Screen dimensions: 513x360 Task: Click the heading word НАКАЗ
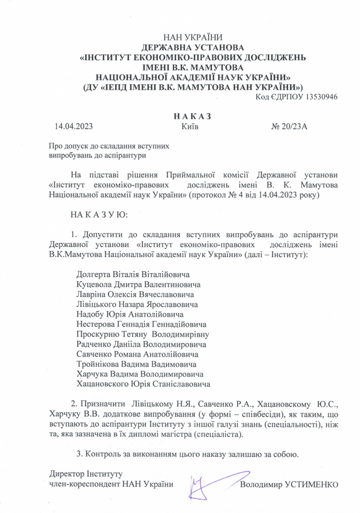(x=192, y=116)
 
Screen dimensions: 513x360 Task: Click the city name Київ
(x=190, y=126)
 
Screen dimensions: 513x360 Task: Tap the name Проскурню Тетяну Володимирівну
(x=143, y=334)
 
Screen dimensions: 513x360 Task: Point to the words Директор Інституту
(x=86, y=473)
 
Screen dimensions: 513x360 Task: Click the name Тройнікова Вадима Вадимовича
(x=136, y=364)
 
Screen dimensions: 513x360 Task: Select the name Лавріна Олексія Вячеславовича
(x=135, y=294)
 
